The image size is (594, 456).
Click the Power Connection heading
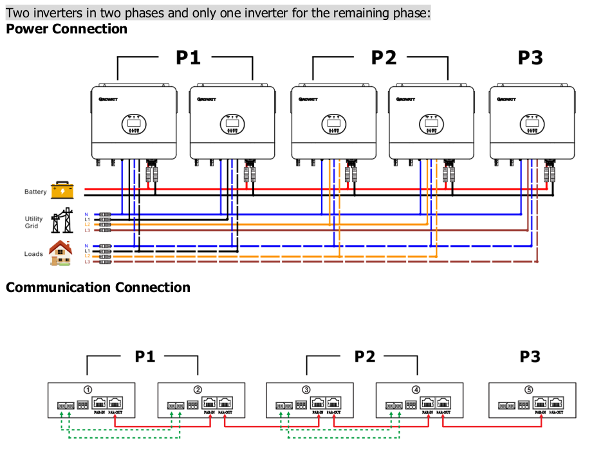(66, 29)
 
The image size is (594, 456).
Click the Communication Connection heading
(98, 287)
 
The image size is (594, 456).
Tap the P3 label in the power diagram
(530, 58)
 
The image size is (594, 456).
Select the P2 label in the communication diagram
(364, 356)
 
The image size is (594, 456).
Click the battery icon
(63, 190)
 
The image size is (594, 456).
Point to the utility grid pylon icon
(62, 221)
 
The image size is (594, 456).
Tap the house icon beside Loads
(60, 253)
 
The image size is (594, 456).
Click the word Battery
(35, 192)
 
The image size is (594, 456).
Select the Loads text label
(33, 254)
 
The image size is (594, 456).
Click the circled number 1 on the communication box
(88, 390)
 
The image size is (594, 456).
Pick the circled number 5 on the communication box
(528, 390)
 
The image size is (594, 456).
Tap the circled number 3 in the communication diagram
(306, 390)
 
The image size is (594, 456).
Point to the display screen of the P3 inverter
(531, 120)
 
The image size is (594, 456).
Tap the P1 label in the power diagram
(188, 58)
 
